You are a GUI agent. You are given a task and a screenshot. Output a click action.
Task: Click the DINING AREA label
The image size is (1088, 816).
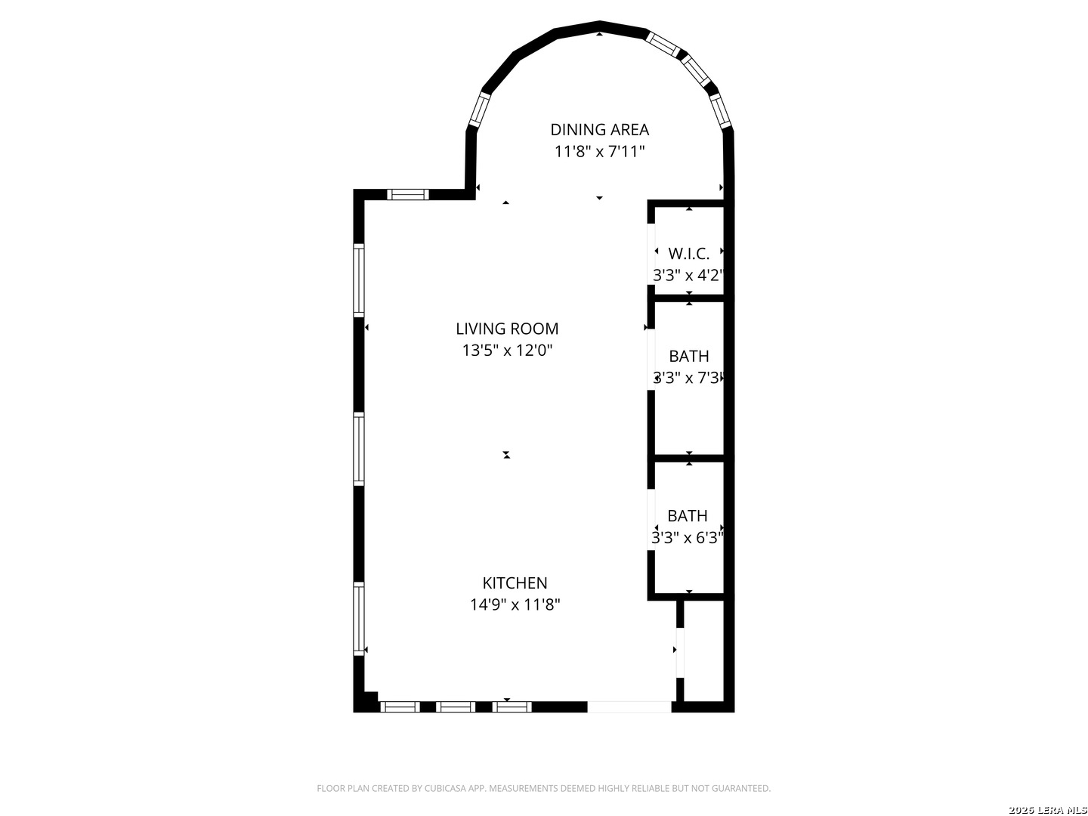pyautogui.click(x=599, y=130)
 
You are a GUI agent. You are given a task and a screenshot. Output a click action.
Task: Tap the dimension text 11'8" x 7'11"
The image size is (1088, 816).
pyautogui.click(x=599, y=152)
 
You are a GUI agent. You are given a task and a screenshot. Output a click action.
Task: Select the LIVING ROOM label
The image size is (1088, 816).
pyautogui.click(x=507, y=329)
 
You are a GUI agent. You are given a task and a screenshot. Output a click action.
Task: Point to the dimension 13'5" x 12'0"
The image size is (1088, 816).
pyautogui.click(x=507, y=351)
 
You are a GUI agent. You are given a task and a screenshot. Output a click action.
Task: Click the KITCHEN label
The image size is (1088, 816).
pyautogui.click(x=515, y=583)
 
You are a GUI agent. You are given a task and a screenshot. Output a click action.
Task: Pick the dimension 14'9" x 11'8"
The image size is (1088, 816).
pyautogui.click(x=515, y=605)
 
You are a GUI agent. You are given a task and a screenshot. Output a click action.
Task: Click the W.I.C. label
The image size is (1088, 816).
pyautogui.click(x=688, y=254)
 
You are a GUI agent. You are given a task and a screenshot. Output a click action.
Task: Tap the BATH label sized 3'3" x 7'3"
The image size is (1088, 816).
pyautogui.click(x=688, y=356)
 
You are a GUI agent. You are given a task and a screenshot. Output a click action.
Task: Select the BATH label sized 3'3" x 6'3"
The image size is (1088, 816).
pyautogui.click(x=687, y=516)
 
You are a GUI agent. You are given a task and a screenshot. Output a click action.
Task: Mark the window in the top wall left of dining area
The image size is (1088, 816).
pyautogui.click(x=408, y=195)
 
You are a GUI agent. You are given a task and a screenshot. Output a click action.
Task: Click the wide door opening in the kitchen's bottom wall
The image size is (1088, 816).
pyautogui.click(x=629, y=707)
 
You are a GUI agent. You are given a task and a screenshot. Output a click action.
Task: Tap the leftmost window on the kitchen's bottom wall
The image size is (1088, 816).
pyautogui.click(x=399, y=707)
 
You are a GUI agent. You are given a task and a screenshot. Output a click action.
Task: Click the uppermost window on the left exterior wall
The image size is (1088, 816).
pyautogui.click(x=359, y=280)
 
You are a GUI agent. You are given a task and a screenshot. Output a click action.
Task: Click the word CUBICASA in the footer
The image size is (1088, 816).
pyautogui.click(x=444, y=789)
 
